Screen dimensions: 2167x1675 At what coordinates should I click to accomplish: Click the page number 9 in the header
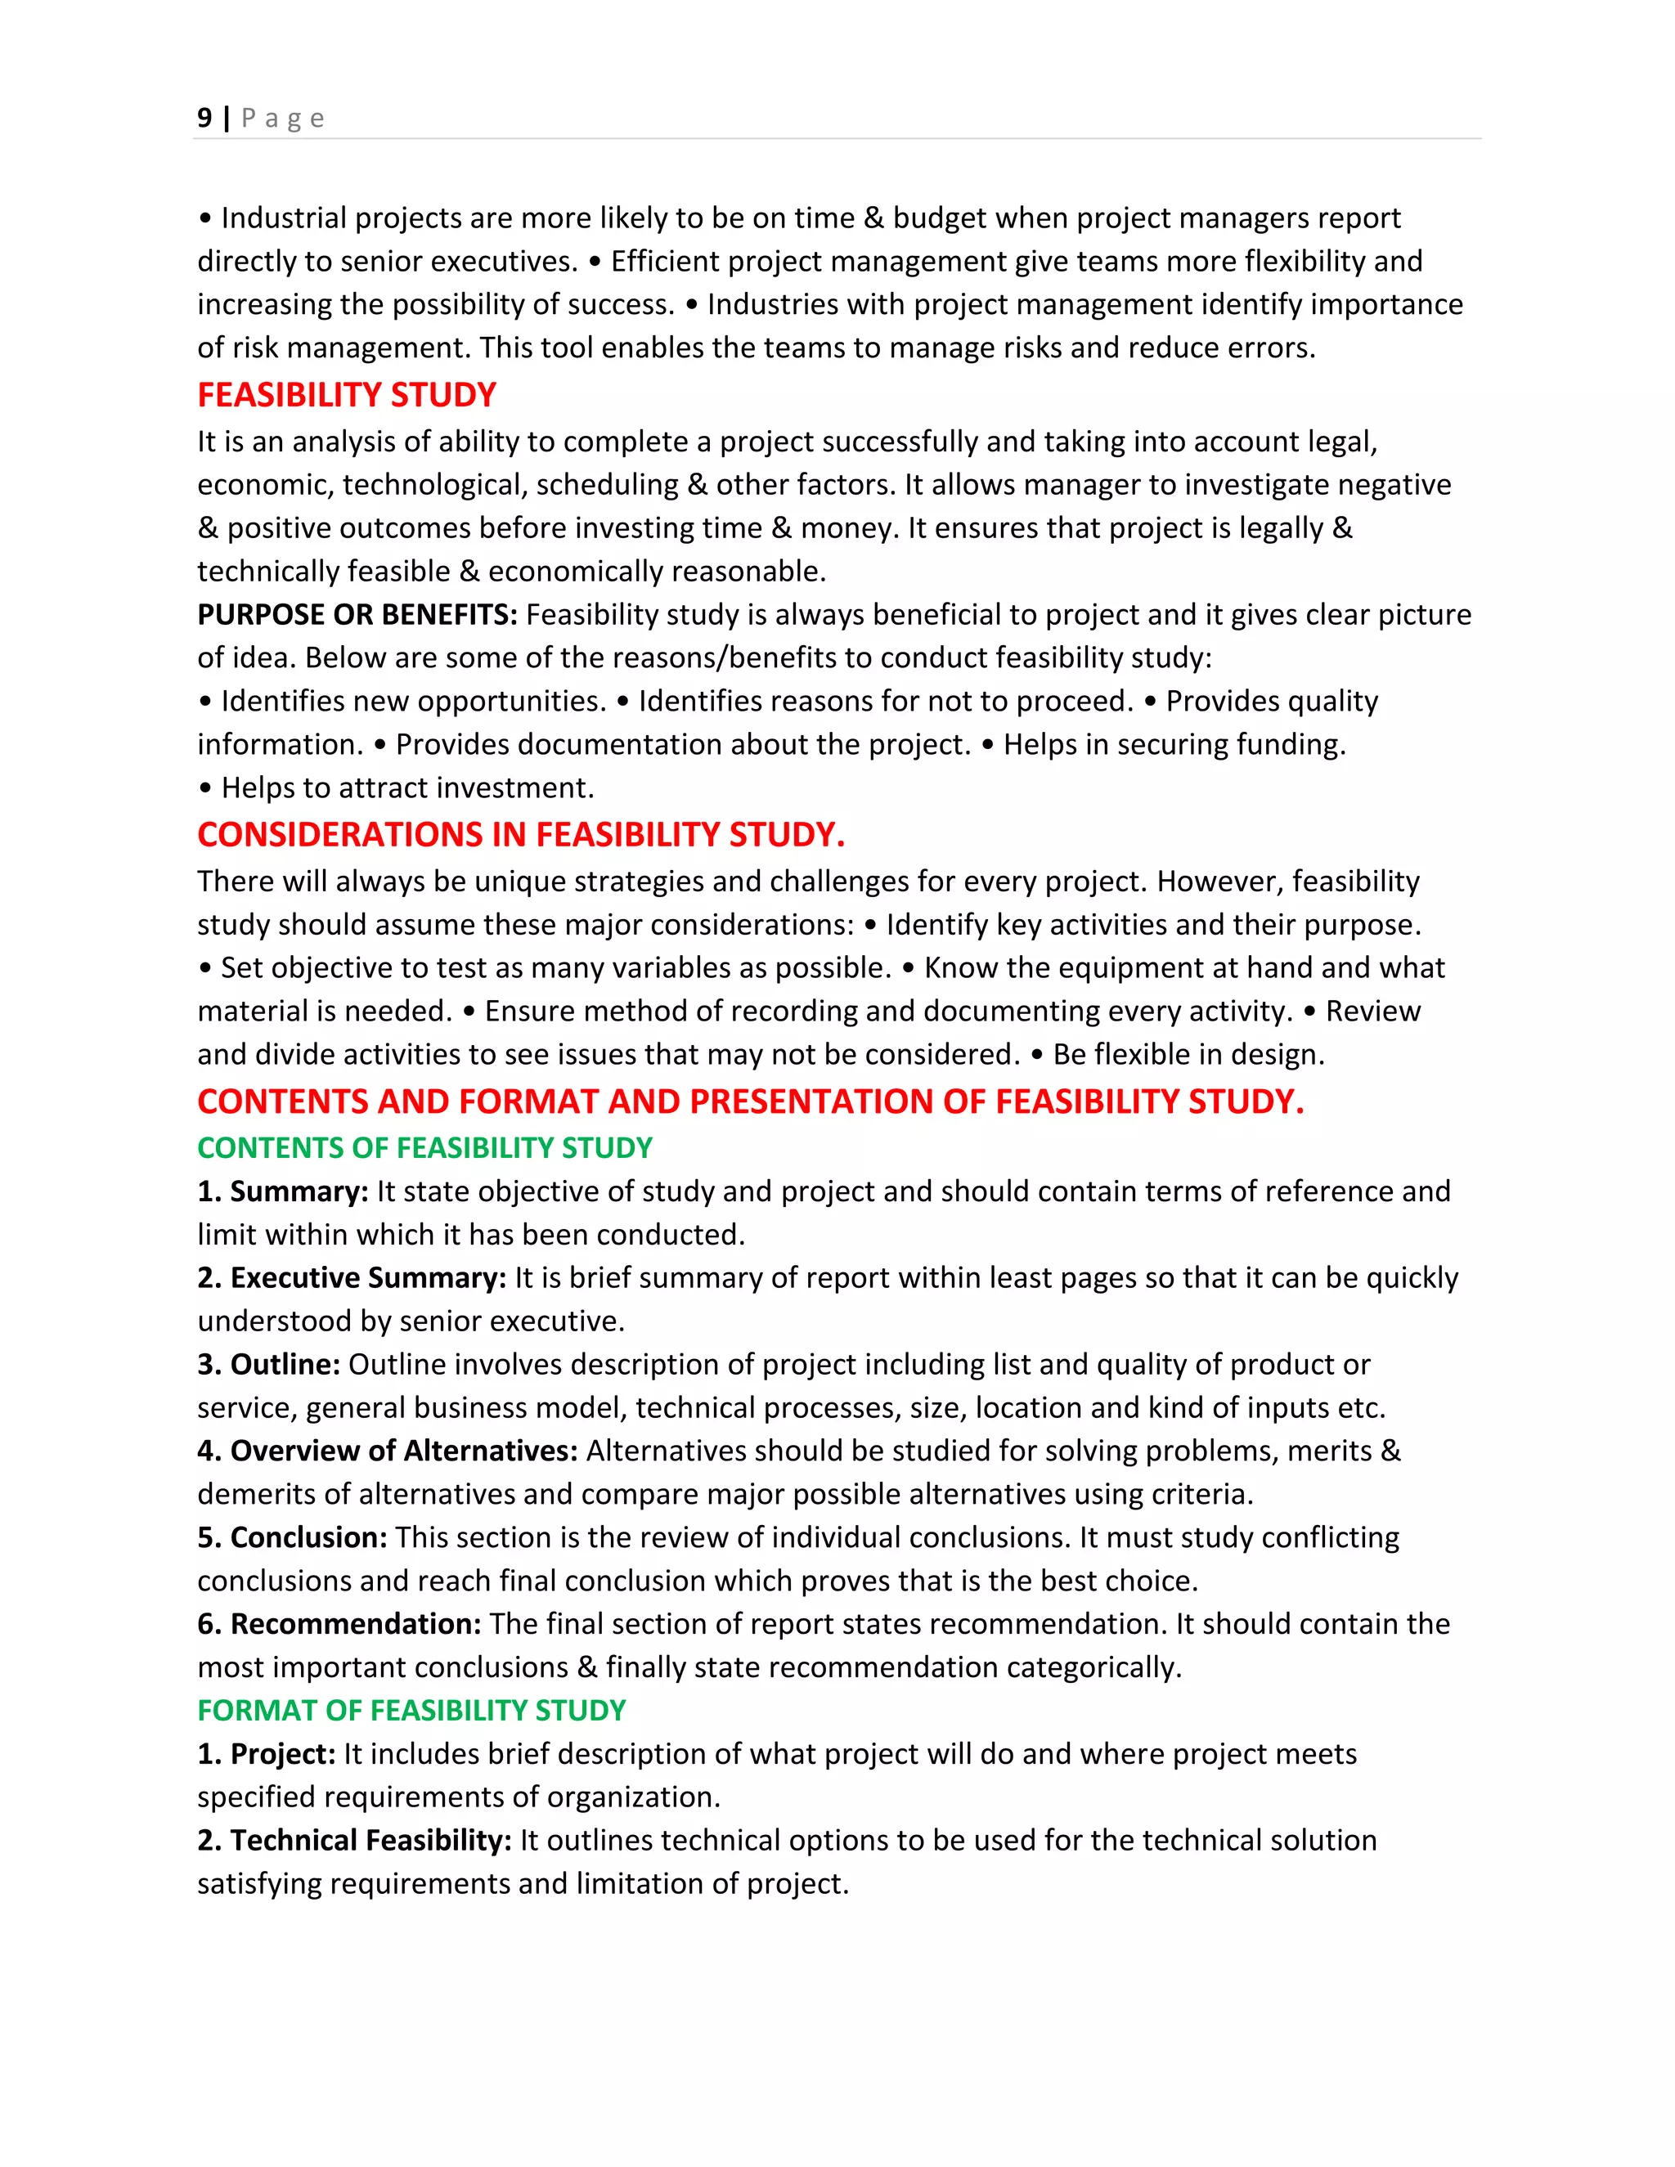click(x=204, y=118)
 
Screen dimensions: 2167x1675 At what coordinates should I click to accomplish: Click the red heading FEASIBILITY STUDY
click(x=346, y=395)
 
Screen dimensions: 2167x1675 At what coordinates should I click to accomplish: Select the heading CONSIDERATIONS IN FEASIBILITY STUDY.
click(x=521, y=834)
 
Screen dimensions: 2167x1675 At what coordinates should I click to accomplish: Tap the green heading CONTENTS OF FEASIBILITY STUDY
click(x=424, y=1147)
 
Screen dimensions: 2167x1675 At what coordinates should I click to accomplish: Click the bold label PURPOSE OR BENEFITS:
click(x=357, y=614)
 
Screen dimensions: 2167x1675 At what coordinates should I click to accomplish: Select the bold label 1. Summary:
click(x=283, y=1191)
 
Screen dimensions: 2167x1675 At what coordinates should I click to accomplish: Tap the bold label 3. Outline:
click(x=269, y=1364)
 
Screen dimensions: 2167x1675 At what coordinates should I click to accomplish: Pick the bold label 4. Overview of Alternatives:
click(x=388, y=1451)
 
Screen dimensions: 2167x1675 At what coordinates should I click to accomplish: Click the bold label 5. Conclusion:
click(x=293, y=1537)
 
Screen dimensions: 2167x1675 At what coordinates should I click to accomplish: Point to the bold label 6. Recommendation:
click(x=339, y=1623)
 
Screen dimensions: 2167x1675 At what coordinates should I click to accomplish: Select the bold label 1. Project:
click(x=267, y=1753)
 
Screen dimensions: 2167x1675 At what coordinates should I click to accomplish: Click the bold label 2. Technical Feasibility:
click(x=354, y=1840)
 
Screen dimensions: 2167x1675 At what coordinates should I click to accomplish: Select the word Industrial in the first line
click(x=284, y=218)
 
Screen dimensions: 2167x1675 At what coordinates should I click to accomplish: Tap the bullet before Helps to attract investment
click(x=205, y=789)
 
